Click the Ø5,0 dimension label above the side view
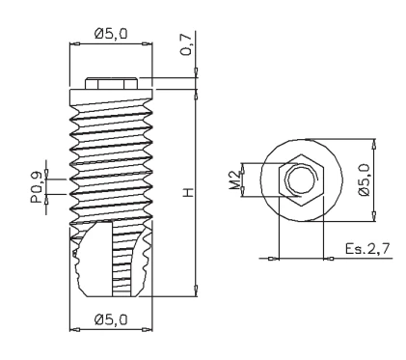[x=111, y=34]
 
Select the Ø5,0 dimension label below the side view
[x=111, y=319]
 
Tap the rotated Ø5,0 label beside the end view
[x=365, y=180]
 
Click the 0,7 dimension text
[x=186, y=44]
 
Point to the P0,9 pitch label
[x=37, y=187]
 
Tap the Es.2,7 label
[x=367, y=249]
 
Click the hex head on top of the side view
[x=111, y=83]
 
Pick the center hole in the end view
[x=302, y=180]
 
